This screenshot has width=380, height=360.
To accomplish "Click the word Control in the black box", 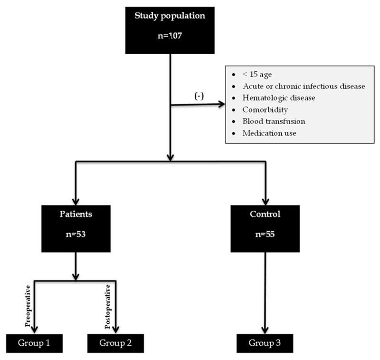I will click(265, 214).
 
